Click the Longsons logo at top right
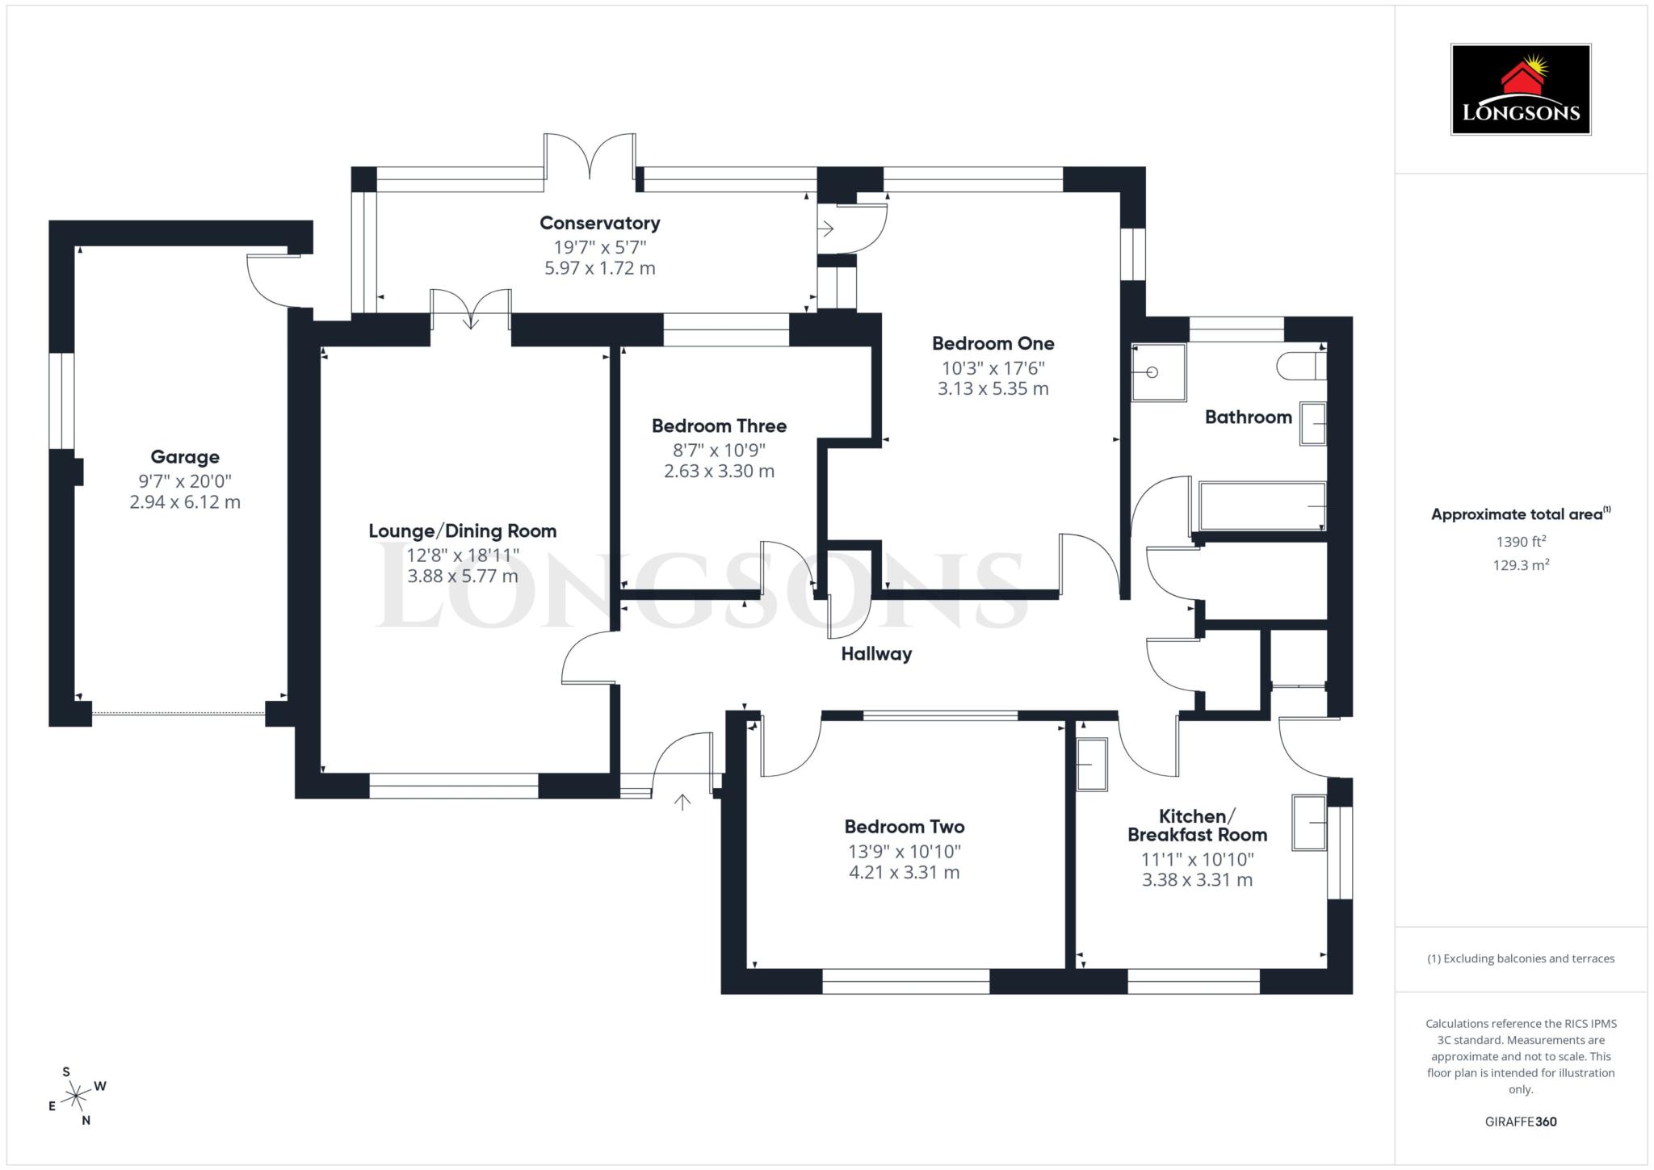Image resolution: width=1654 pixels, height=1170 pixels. (1520, 89)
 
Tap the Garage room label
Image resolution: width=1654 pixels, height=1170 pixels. (185, 457)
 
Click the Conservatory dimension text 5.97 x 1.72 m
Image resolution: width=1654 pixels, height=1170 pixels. (599, 268)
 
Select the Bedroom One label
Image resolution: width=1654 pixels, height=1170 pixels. (993, 343)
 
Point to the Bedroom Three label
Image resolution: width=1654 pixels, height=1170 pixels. (719, 426)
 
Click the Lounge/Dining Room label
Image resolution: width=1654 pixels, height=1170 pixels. (462, 531)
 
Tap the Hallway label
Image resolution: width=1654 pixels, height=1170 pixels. (876, 654)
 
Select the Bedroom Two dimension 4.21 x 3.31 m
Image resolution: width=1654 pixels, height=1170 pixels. (904, 872)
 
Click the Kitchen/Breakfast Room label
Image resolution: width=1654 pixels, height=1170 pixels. (1197, 825)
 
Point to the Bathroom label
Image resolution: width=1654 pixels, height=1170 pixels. (1248, 417)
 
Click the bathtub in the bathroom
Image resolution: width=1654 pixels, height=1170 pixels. (1261, 506)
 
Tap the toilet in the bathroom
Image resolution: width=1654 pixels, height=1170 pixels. (1299, 367)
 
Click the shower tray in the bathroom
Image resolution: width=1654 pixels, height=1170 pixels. (1157, 372)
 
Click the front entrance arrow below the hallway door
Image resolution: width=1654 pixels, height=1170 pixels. (682, 802)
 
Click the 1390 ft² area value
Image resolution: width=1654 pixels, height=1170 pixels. (1520, 542)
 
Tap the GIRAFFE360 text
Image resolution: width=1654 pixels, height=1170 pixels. (1520, 1122)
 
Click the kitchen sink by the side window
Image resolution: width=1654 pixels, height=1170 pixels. (1308, 823)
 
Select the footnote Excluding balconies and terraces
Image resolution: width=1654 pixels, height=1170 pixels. (1520, 958)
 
